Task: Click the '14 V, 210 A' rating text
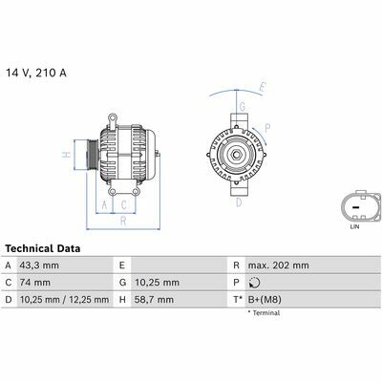36,74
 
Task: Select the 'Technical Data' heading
43,248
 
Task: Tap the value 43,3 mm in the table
39,265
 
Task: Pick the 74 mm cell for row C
35,283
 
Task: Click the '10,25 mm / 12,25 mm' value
64,300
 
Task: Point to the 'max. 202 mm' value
279,265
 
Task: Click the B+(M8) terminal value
265,300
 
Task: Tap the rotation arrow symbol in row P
255,283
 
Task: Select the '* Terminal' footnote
264,313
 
